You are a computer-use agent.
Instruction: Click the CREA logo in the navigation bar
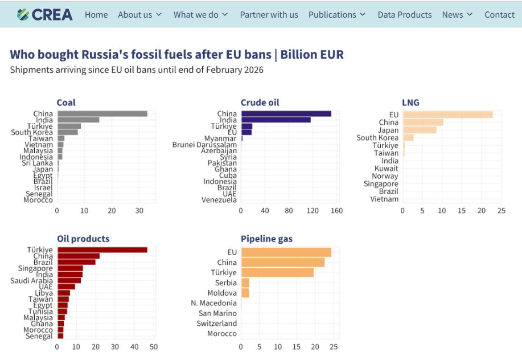click(x=45, y=15)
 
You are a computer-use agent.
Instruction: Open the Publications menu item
click(x=337, y=15)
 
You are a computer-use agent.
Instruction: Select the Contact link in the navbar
click(x=499, y=15)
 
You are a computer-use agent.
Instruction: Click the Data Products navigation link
click(x=404, y=15)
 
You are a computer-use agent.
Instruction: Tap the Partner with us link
click(x=269, y=15)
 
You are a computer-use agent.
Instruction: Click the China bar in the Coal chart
click(x=102, y=114)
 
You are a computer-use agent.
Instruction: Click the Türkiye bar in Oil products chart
click(x=102, y=250)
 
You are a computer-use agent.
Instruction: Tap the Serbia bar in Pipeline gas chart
click(x=245, y=283)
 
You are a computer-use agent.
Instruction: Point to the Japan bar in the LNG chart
click(x=420, y=130)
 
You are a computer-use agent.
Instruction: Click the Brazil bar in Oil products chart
click(x=76, y=262)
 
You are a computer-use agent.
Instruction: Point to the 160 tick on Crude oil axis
click(x=337, y=211)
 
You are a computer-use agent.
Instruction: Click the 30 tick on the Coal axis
click(x=139, y=211)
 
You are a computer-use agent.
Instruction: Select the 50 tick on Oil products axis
click(x=154, y=346)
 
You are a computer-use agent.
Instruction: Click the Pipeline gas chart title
click(x=266, y=239)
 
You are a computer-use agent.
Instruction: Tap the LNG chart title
click(x=410, y=103)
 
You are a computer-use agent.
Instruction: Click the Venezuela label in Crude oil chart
click(x=219, y=200)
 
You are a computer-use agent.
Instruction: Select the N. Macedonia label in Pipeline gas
click(x=214, y=303)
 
